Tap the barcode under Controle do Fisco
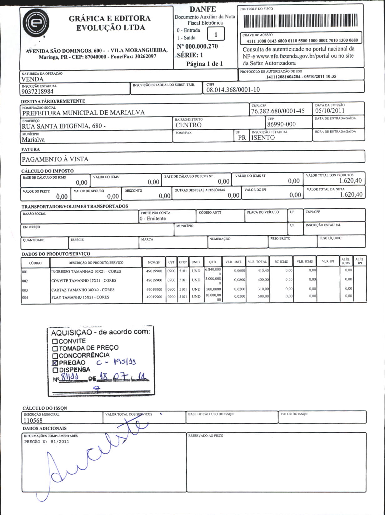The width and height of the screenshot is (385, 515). (x=300, y=21)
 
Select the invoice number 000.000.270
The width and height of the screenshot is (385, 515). (x=197, y=47)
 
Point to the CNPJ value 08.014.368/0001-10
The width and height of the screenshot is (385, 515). (x=233, y=90)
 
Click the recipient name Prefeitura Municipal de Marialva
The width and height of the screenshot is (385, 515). (x=83, y=113)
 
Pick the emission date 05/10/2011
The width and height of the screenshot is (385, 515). (x=330, y=110)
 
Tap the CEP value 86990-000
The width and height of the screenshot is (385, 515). (x=281, y=124)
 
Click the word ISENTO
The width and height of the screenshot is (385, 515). (x=263, y=138)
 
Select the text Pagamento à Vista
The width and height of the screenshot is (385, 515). (x=55, y=159)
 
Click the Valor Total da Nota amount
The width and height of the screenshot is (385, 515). (x=351, y=194)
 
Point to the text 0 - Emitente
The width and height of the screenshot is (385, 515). (x=153, y=219)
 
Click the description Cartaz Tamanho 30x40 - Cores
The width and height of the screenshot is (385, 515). (x=83, y=290)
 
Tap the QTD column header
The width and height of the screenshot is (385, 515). (x=212, y=262)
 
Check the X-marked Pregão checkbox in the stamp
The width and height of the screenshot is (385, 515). (x=55, y=363)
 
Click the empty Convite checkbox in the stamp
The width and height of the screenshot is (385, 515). (x=55, y=341)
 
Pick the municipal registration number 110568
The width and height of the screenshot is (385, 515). (x=33, y=421)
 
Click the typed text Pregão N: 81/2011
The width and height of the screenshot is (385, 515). (x=47, y=442)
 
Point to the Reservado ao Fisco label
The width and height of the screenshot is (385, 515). (x=206, y=436)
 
